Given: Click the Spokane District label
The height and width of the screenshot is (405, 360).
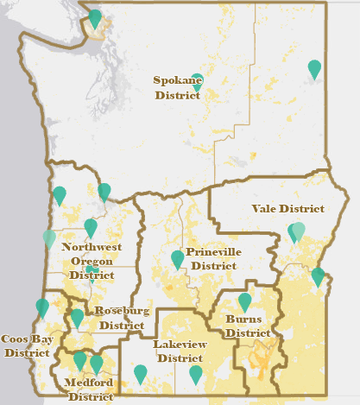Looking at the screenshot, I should [177, 88].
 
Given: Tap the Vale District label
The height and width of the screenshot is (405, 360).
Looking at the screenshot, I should [287, 209].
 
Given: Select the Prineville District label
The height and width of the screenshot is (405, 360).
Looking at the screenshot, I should [213, 259].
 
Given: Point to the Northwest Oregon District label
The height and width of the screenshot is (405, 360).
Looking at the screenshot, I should [92, 261].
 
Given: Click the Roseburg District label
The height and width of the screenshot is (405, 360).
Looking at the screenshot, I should [122, 318].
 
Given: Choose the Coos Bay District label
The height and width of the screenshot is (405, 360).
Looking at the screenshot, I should [25, 345].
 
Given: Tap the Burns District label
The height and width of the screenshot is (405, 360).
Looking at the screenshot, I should [248, 326].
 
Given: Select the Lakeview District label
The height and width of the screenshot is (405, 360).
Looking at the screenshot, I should [179, 351].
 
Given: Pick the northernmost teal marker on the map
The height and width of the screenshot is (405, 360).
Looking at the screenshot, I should [95, 17].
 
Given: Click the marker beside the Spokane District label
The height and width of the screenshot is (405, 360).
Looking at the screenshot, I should [198, 81].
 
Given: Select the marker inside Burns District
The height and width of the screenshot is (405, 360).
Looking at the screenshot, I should [245, 301].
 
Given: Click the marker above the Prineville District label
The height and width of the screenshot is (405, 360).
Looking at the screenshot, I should [178, 258].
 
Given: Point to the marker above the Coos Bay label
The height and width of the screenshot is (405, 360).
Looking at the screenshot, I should [42, 307].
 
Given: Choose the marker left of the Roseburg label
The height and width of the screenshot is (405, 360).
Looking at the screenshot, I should [78, 317].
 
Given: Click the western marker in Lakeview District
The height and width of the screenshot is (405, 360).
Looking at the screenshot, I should [141, 373].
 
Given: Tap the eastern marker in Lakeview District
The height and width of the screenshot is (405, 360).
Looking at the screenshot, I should [196, 374].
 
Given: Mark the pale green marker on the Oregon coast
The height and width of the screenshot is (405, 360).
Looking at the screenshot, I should [49, 238].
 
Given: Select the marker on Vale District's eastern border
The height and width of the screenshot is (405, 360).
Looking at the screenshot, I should [319, 276].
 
